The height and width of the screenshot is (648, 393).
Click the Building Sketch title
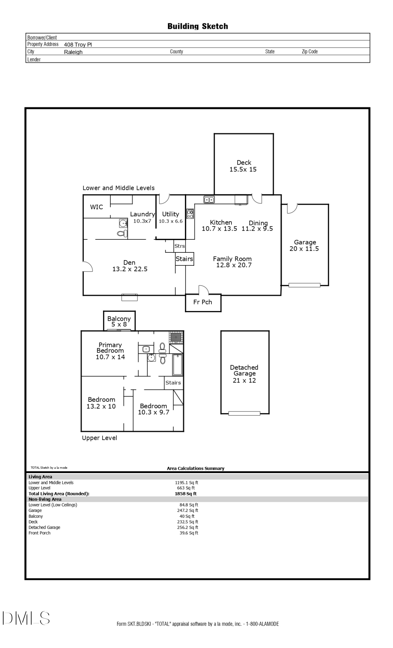197,26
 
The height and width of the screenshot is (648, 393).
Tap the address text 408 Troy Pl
78,45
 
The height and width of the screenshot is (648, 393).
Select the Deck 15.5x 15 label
243,166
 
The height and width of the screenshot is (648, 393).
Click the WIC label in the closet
96,207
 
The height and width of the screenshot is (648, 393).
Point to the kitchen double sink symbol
209,200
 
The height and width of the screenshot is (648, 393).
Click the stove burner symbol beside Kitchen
190,214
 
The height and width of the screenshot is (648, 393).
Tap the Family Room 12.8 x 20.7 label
232,262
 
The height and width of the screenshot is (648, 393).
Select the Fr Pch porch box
203,302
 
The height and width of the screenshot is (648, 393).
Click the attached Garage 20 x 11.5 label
305,246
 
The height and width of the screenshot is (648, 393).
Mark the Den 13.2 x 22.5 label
129,266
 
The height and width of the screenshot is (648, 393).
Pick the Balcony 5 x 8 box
119,321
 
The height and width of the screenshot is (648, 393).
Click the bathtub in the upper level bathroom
177,365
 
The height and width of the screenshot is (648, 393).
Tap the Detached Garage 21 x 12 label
244,374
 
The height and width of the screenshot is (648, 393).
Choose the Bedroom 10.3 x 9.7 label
153,409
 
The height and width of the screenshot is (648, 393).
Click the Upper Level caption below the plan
99,438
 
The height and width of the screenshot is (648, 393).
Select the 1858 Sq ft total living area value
185,494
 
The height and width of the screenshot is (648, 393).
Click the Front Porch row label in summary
39,533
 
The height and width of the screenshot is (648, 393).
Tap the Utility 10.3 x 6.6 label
171,217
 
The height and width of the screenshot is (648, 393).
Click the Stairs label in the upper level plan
173,383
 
